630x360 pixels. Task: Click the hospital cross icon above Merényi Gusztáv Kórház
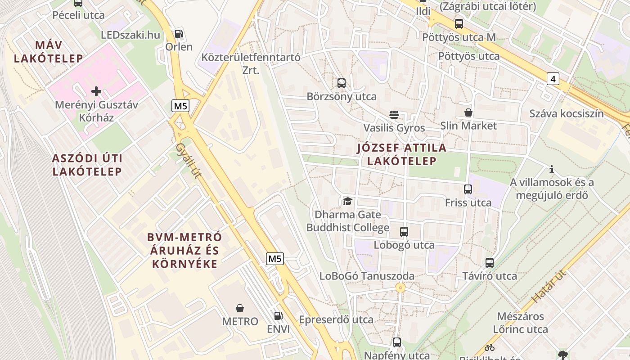[96, 92]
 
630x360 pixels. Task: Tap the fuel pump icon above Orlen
[179, 34]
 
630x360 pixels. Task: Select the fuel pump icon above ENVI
[279, 316]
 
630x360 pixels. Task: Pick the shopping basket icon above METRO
[240, 308]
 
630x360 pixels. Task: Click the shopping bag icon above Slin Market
[468, 112]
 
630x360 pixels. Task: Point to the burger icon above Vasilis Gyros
[394, 114]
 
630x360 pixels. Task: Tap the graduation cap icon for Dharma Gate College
[347, 201]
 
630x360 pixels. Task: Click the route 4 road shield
[553, 79]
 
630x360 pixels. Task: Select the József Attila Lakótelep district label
[401, 154]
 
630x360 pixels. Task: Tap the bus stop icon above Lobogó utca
[404, 232]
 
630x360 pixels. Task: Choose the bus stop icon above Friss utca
[468, 189]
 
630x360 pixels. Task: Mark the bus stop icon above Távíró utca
[490, 263]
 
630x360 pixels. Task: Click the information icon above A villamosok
[552, 170]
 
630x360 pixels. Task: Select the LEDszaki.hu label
[130, 35]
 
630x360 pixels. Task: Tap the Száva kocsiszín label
[566, 113]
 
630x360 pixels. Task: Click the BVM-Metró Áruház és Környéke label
[185, 250]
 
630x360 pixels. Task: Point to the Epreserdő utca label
[336, 319]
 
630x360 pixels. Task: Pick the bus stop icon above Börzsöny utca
[342, 83]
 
